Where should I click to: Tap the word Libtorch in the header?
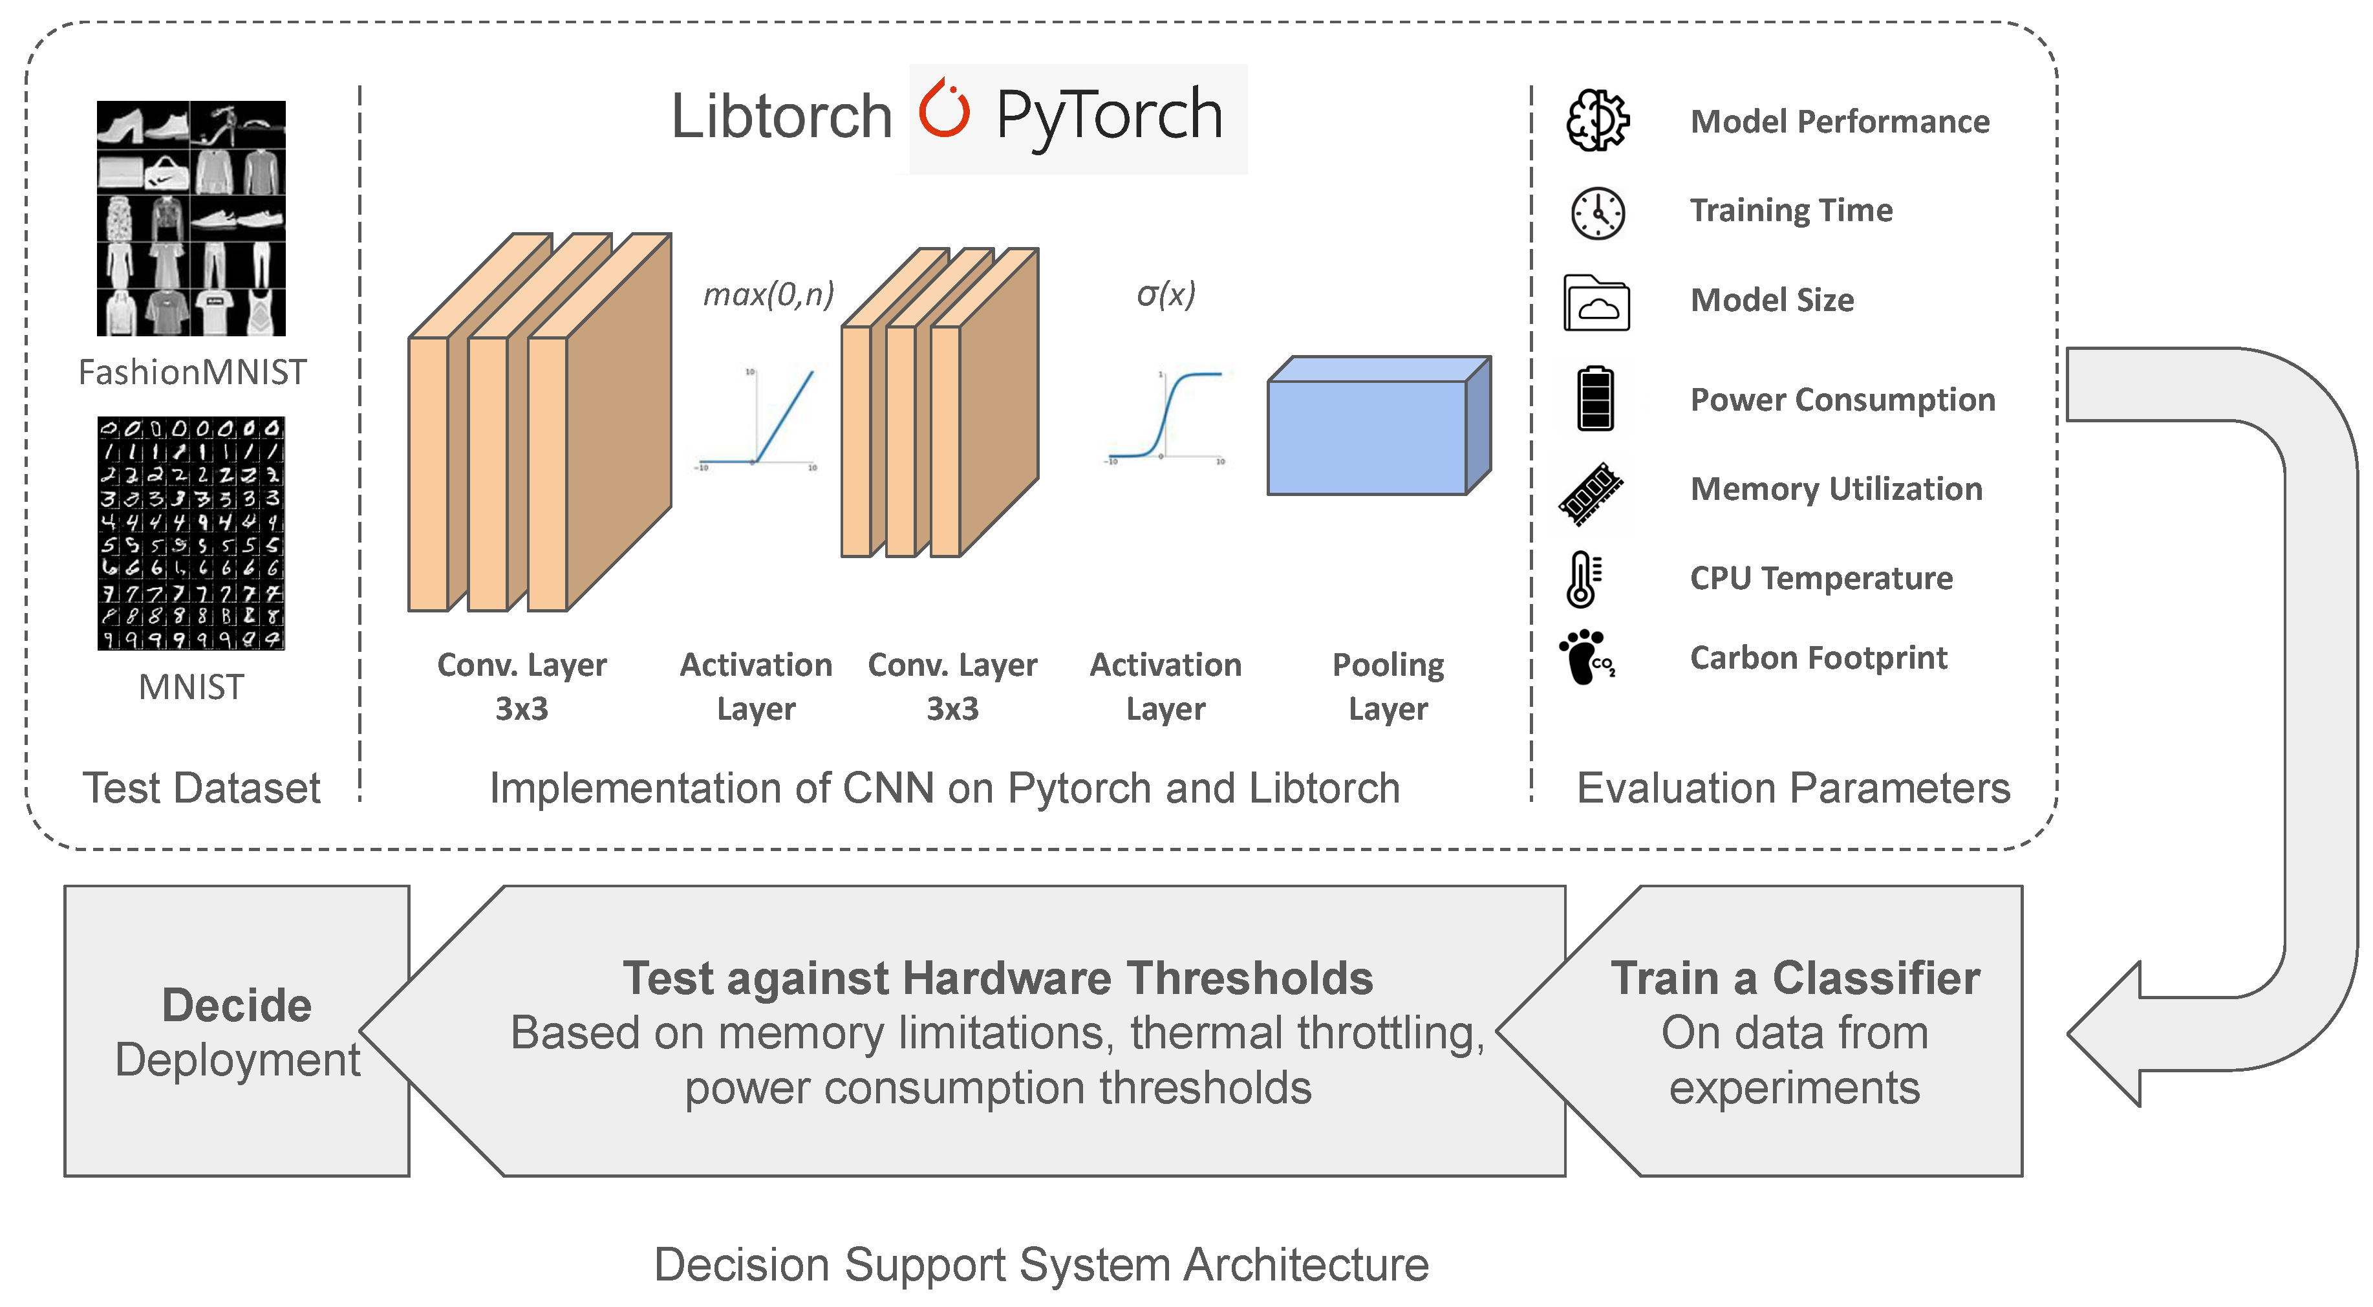(x=781, y=117)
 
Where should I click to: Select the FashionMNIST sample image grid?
(x=191, y=219)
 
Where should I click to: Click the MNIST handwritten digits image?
(x=191, y=534)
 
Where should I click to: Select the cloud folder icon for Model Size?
(x=1596, y=303)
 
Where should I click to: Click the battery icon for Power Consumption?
(x=1596, y=399)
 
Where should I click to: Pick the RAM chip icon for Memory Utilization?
(x=1591, y=493)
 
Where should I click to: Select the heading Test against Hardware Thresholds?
(x=998, y=978)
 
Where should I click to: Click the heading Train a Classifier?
(x=1794, y=978)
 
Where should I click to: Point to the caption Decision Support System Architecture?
(x=1041, y=1264)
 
